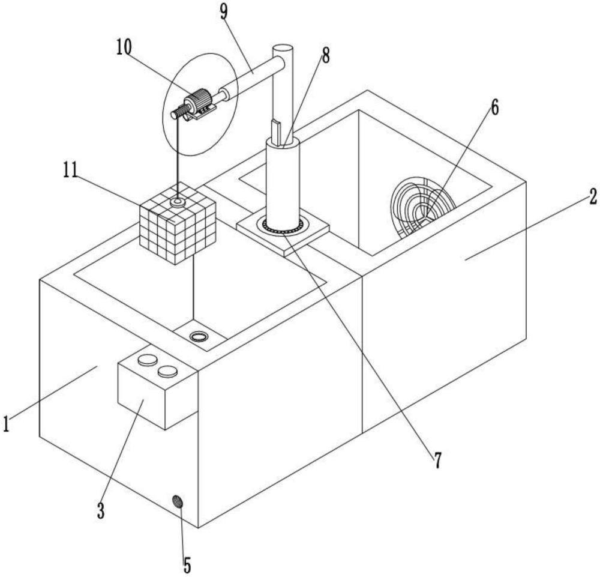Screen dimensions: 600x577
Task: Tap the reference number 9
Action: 224,12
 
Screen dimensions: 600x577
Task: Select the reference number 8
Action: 325,55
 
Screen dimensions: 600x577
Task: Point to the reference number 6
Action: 495,107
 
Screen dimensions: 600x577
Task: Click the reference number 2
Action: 593,196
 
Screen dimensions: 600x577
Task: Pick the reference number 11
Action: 70,170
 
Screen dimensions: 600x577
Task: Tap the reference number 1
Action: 6,424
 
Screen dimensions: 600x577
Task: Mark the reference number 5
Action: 187,565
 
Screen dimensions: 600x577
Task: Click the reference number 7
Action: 437,460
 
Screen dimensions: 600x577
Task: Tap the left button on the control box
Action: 148,360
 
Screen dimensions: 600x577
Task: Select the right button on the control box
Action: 167,370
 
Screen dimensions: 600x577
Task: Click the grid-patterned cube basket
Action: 178,223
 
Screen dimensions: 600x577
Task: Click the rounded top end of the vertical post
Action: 283,50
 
